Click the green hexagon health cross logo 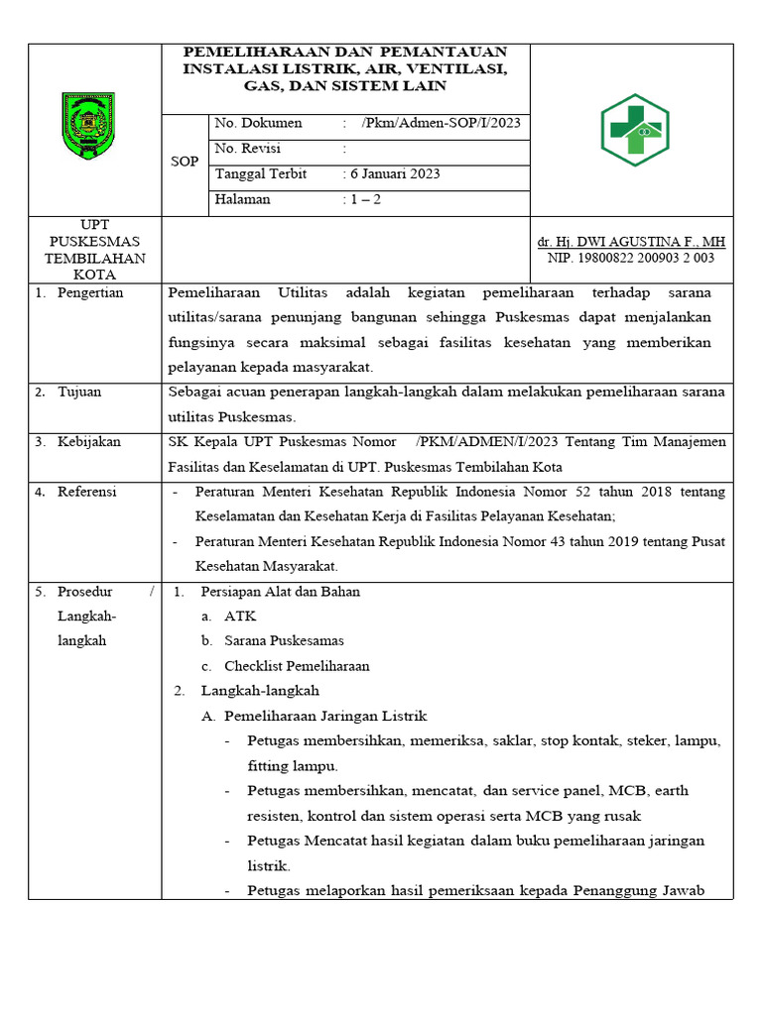[x=635, y=130]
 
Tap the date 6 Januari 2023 [x=395, y=173]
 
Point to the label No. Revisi [x=248, y=149]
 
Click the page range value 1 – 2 [x=365, y=199]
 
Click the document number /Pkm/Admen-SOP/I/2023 [x=441, y=124]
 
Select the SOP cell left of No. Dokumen [x=185, y=162]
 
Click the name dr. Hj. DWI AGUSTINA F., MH [x=631, y=242]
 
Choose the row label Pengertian [x=90, y=293]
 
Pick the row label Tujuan [x=79, y=392]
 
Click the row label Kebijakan [x=88, y=441]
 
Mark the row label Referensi [x=86, y=492]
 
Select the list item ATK [x=240, y=617]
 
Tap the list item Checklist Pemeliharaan [x=297, y=666]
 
